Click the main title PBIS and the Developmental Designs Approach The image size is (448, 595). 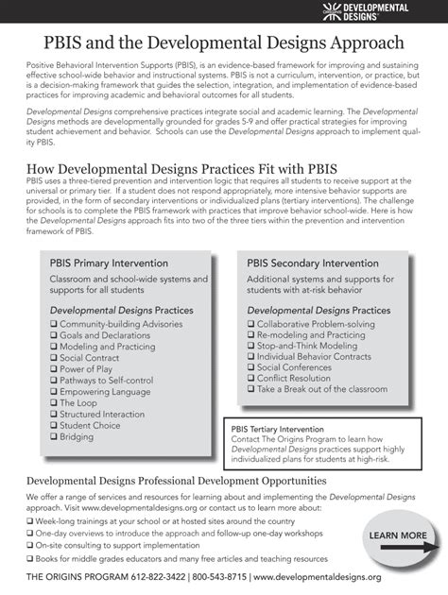tap(224, 43)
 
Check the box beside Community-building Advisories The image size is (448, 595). tap(54, 324)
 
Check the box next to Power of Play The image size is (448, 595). tap(54, 369)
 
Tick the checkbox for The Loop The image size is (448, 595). tap(54, 403)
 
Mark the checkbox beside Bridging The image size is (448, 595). tap(54, 437)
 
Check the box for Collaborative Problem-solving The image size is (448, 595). tap(251, 324)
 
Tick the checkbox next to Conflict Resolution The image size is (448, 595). tap(251, 378)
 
